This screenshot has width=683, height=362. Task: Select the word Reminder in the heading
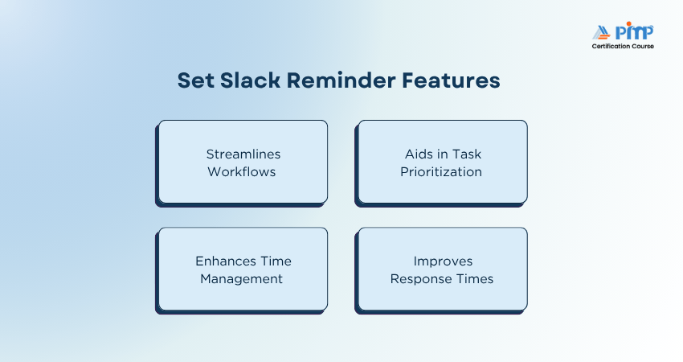[x=341, y=80]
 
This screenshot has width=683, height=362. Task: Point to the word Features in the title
[x=451, y=80]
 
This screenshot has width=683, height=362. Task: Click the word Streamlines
[x=243, y=154]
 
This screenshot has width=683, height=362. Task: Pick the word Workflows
[x=242, y=172]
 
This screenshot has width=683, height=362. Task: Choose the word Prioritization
[x=441, y=172]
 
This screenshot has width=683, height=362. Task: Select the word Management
[x=241, y=279]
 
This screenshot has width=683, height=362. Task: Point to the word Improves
[x=443, y=261]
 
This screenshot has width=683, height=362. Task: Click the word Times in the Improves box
[x=475, y=278]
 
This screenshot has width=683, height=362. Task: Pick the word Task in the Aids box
[x=467, y=154]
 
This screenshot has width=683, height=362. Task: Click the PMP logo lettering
[x=634, y=31]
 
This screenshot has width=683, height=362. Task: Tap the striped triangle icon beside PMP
[x=602, y=33]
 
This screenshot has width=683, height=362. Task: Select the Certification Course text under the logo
[x=623, y=46]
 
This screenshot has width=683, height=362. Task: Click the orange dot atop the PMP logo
[x=628, y=23]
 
